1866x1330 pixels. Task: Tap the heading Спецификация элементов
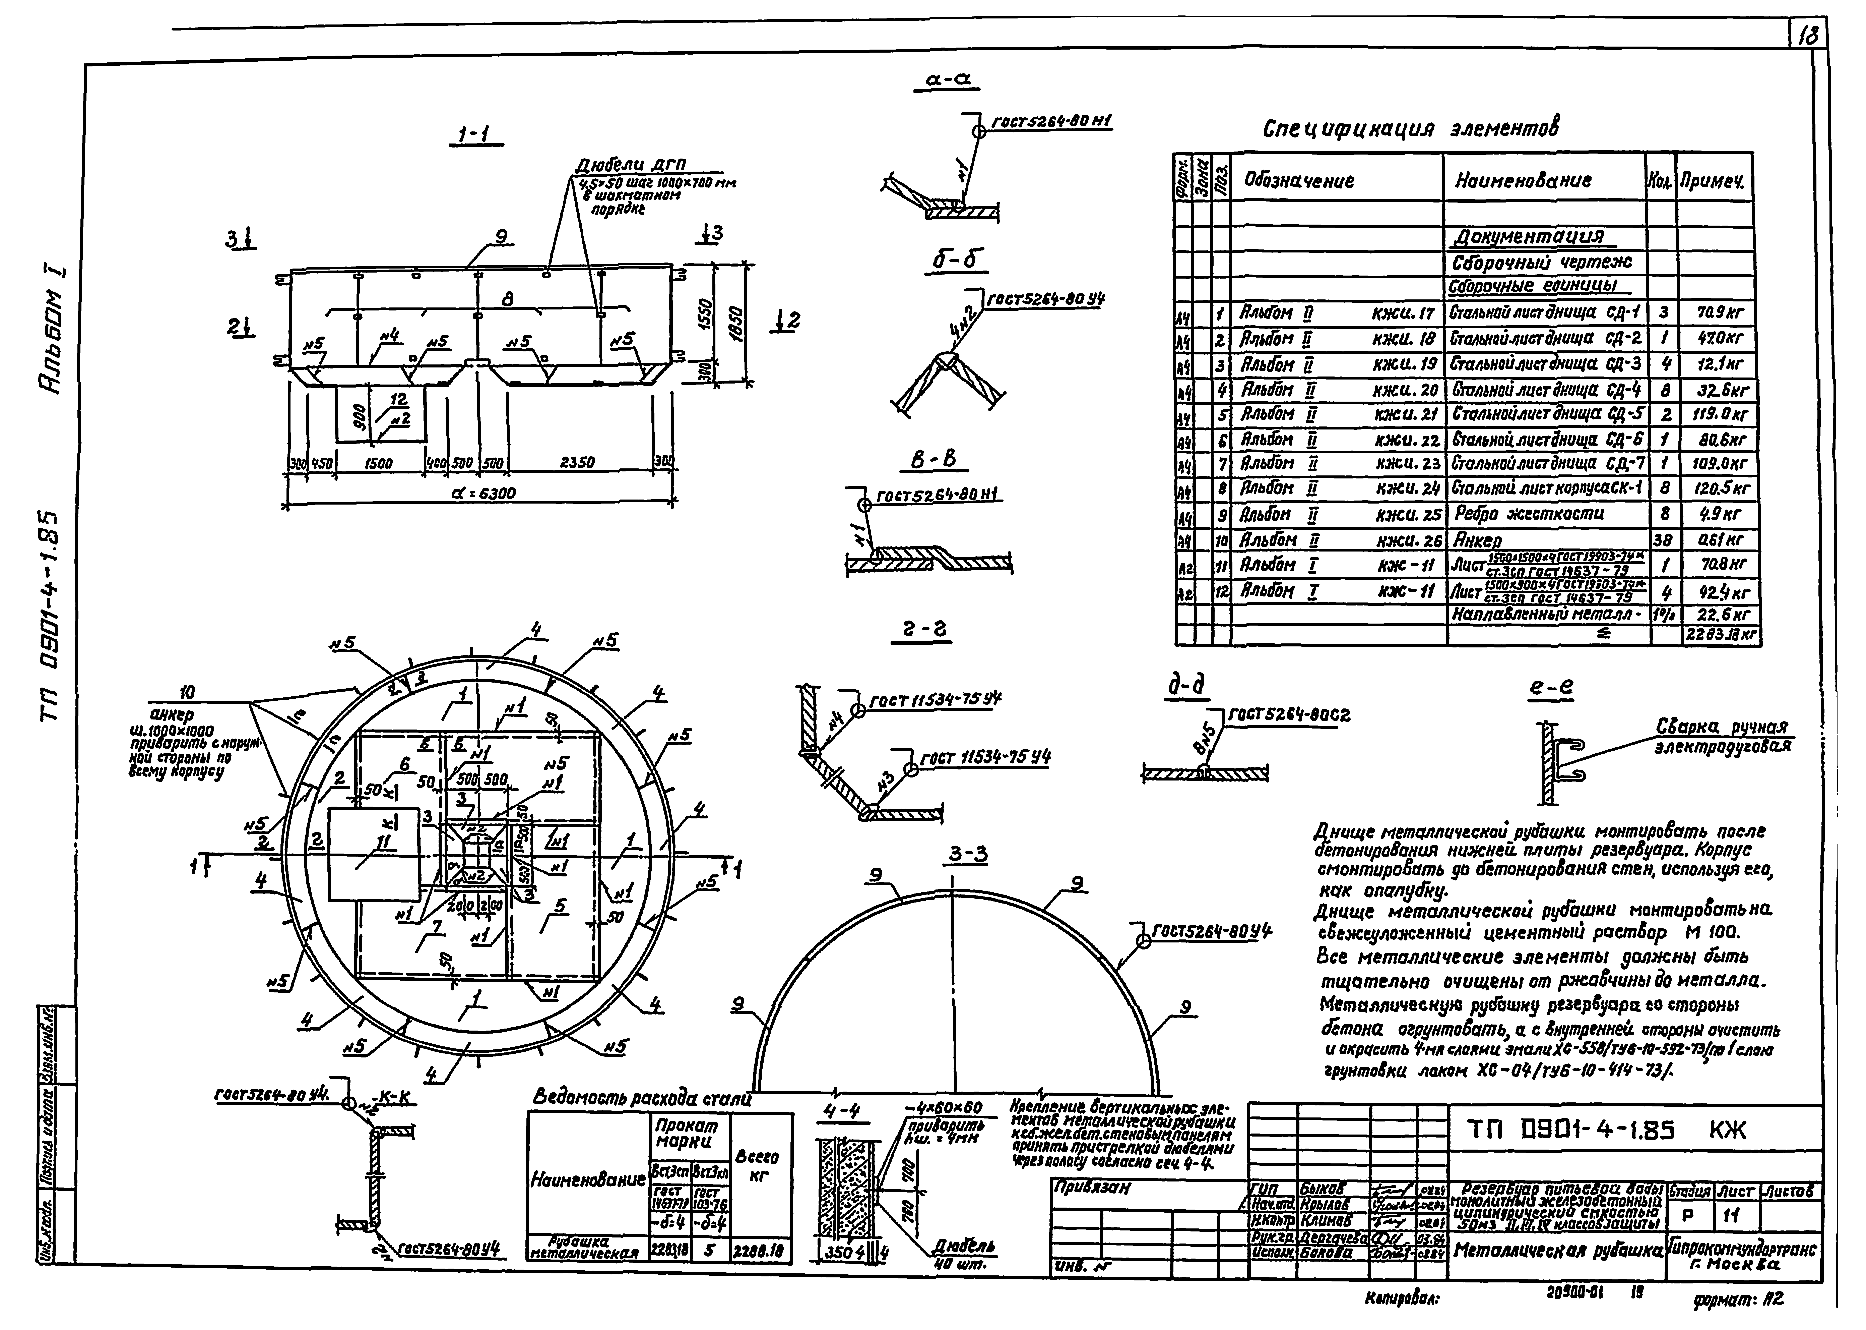[1410, 129]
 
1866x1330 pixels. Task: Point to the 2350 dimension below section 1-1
[577, 463]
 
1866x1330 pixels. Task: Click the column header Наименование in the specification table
[1523, 181]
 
